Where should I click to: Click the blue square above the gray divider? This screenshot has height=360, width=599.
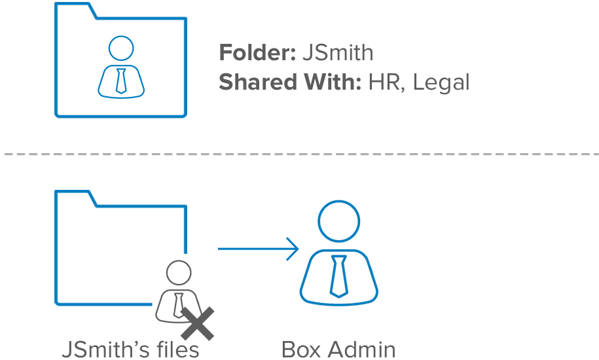point(120,60)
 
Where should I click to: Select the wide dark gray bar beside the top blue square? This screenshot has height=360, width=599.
point(343,69)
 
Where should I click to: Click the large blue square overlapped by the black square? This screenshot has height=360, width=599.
point(105,242)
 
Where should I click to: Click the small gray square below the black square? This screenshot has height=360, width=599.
point(204,331)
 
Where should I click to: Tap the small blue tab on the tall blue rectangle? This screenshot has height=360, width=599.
point(292,249)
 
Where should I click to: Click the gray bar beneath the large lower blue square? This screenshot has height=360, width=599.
point(130,349)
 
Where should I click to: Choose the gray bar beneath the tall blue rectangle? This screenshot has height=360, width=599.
point(338,349)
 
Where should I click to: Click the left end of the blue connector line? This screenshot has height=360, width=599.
point(218,248)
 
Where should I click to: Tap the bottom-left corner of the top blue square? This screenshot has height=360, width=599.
point(56,117)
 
